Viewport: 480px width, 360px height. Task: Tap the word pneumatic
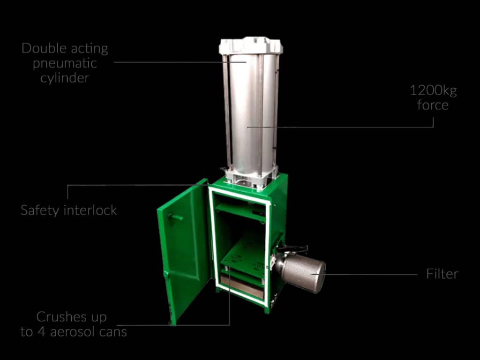click(65, 63)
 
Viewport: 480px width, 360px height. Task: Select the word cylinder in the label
click(65, 78)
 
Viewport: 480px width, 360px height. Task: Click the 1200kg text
click(433, 91)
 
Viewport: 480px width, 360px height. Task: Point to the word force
click(433, 105)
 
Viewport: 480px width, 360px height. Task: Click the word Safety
click(40, 210)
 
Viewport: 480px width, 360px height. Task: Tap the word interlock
click(90, 210)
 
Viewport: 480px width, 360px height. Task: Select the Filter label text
click(442, 274)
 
